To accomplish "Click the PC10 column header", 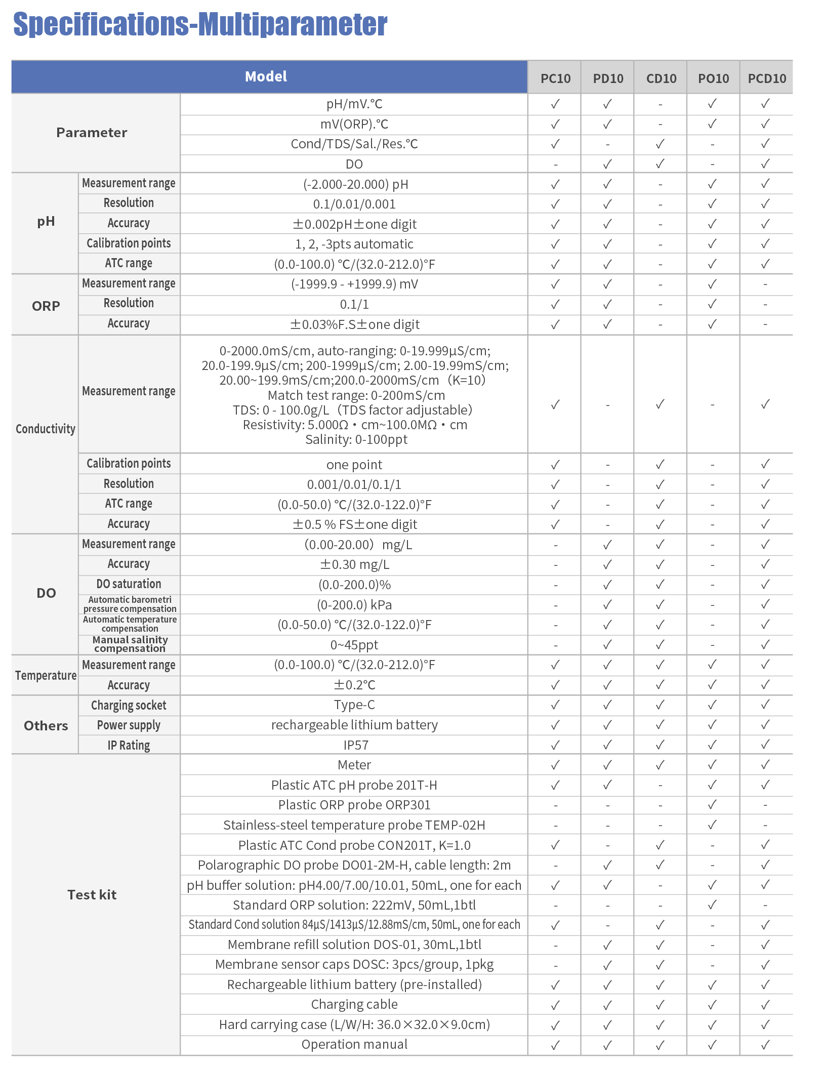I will (555, 78).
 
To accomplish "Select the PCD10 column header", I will (766, 78).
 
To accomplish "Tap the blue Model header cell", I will (266, 77).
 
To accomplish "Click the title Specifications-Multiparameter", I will (200, 24).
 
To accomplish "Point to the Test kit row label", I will (92, 895).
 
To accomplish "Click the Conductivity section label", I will (46, 429).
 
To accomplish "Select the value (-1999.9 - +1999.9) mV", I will (354, 284).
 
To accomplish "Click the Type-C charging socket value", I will (354, 705).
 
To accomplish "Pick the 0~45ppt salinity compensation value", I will (354, 645).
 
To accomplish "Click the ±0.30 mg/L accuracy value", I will (354, 564).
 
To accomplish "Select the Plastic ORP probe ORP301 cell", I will (354, 805).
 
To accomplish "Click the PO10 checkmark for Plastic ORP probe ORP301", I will (713, 804).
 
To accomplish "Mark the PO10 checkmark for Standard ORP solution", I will (713, 905).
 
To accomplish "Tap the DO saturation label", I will (129, 584).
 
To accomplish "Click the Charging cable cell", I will (354, 1004).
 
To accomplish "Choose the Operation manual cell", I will (354, 1044).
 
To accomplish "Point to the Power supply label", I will (129, 725).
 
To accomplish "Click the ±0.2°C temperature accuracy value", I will (354, 685).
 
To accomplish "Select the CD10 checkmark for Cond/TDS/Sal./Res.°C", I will (660, 144).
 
